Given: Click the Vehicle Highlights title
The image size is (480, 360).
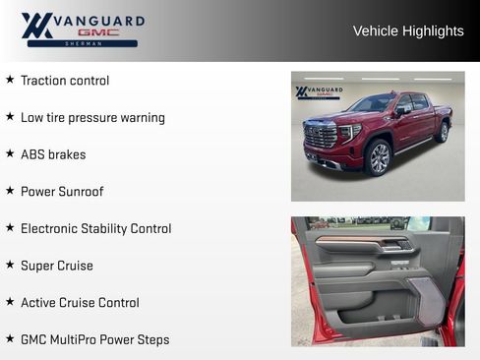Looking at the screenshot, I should pyautogui.click(x=408, y=31).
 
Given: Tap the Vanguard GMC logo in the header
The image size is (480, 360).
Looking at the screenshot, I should pyautogui.click(x=83, y=30).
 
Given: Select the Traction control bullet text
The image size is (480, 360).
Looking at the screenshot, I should pyautogui.click(x=65, y=81).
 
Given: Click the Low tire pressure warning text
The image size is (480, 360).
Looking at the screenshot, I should pyautogui.click(x=92, y=118).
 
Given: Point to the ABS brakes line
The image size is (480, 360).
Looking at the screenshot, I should pyautogui.click(x=53, y=154).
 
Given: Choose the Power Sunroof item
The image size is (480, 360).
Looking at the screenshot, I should pyautogui.click(x=62, y=192).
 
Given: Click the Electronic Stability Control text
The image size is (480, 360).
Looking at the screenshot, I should pyautogui.click(x=95, y=229).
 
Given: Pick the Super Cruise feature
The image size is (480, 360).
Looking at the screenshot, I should pyautogui.click(x=57, y=266).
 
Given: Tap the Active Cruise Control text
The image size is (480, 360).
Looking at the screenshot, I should pyautogui.click(x=80, y=303).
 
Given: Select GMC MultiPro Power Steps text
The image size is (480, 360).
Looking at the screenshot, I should pyautogui.click(x=94, y=340).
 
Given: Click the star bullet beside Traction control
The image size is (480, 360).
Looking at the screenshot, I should pyautogui.click(x=10, y=80).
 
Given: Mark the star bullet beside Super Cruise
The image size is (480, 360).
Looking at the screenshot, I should pyautogui.click(x=10, y=265).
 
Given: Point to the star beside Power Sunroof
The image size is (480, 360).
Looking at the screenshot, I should pyautogui.click(x=10, y=191).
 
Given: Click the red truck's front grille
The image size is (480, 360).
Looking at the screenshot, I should pyautogui.click(x=321, y=137).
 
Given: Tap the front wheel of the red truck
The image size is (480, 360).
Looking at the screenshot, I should pyautogui.click(x=378, y=156).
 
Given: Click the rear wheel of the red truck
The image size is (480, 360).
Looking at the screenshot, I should pyautogui.click(x=443, y=132).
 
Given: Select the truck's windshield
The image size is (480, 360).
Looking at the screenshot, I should pyautogui.click(x=373, y=103).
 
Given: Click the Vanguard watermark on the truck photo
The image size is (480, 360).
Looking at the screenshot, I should pyautogui.click(x=319, y=92).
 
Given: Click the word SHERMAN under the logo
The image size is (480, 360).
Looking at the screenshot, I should pyautogui.click(x=82, y=44).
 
